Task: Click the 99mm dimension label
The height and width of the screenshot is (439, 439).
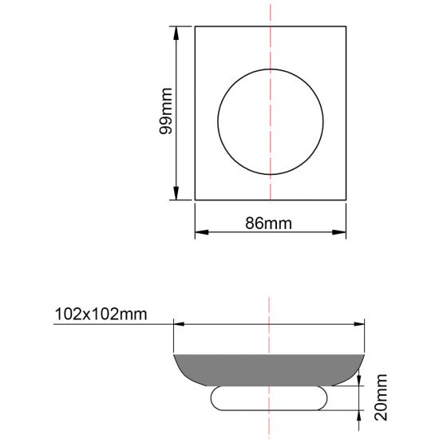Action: click(165, 111)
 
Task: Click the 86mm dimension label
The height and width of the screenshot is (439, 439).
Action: click(268, 223)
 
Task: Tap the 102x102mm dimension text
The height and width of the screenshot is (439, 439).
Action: click(101, 314)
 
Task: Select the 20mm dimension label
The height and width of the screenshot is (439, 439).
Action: click(381, 397)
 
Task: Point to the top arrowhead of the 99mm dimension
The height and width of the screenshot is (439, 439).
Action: click(176, 33)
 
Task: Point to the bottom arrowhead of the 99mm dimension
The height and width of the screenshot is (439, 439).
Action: click(176, 193)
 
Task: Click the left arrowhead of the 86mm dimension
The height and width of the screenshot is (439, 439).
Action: click(202, 232)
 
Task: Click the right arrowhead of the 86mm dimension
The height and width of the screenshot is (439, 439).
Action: click(339, 232)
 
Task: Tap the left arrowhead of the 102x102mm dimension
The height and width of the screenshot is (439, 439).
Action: click(179, 324)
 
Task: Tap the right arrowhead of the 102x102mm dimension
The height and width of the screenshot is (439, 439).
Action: click(359, 324)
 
